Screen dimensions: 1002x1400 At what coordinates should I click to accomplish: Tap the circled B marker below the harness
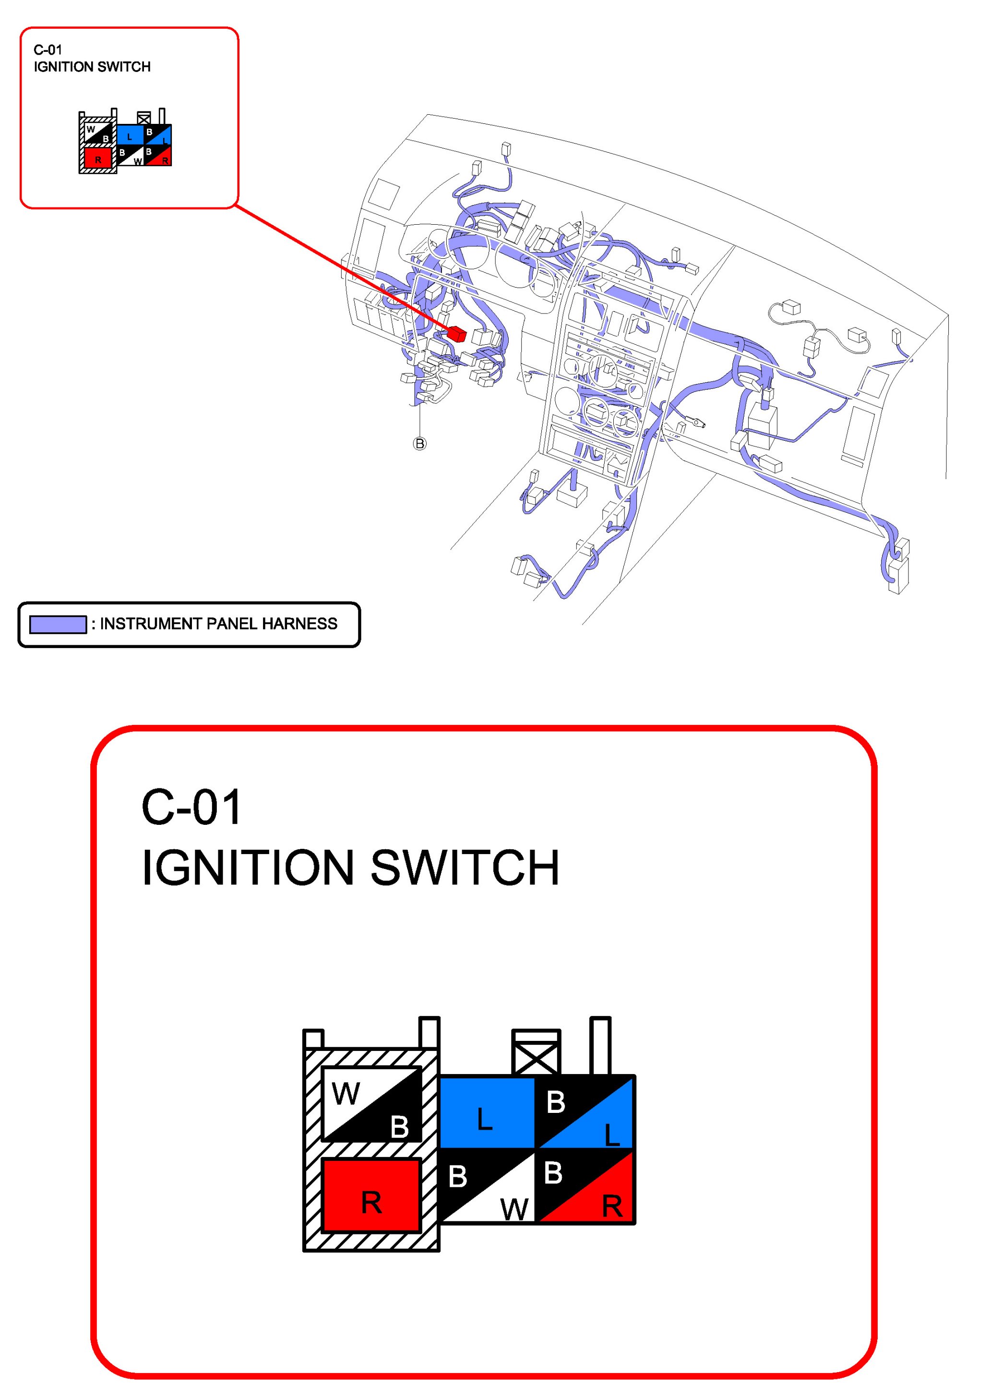coord(419,443)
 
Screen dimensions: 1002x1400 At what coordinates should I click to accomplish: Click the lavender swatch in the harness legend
coord(58,624)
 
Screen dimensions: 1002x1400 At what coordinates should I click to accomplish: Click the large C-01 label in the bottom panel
coord(191,808)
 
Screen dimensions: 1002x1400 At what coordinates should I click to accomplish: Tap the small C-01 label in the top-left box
coord(48,50)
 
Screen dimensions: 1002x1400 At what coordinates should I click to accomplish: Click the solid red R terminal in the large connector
coord(371,1195)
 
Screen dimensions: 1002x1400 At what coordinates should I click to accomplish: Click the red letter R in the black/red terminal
coord(612,1206)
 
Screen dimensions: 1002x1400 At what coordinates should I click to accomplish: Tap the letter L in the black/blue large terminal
coord(611,1134)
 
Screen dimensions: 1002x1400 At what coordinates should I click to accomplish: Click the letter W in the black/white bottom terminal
coord(514,1208)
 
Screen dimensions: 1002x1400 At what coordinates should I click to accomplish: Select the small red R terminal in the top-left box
coord(97,157)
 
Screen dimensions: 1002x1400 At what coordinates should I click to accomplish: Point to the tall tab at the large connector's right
coord(600,1046)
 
